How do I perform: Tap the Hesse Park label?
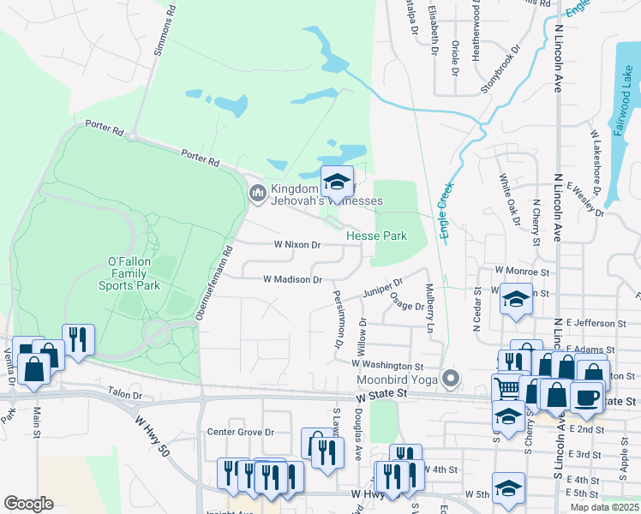[376, 236]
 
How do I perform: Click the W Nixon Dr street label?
[297, 245]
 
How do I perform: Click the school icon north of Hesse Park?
[337, 182]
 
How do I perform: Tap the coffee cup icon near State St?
[587, 397]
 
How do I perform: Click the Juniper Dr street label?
[381, 287]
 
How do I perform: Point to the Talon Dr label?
[124, 394]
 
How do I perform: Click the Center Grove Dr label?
[244, 433]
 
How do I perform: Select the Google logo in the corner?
[28, 504]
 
